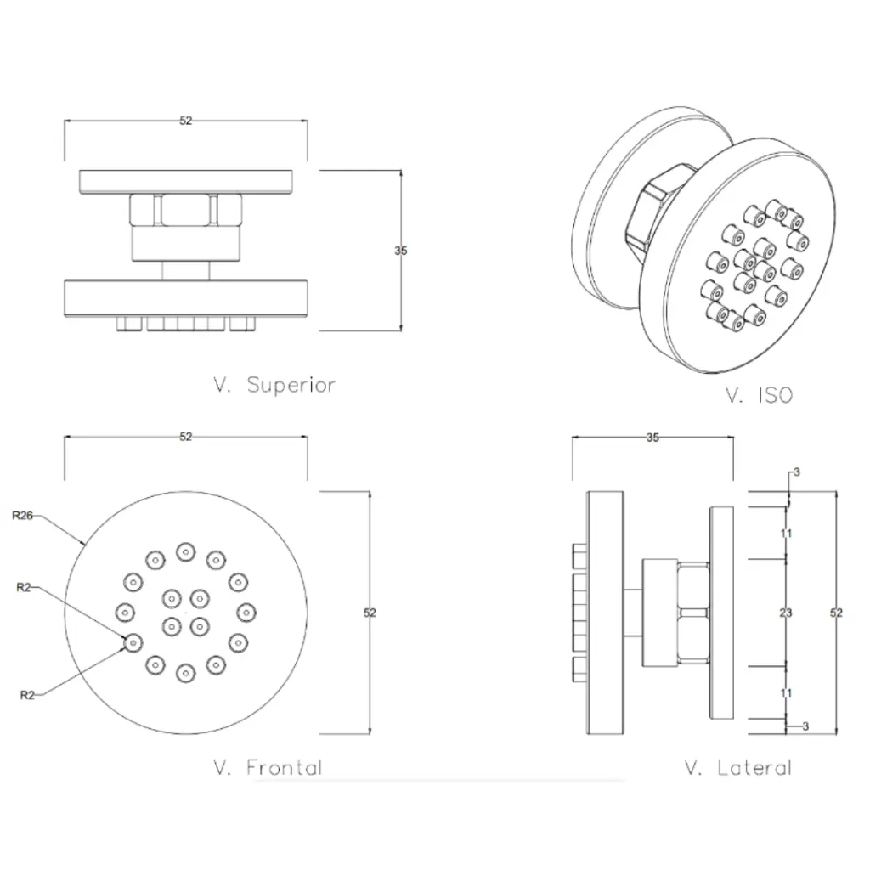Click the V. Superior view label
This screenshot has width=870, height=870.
click(x=274, y=384)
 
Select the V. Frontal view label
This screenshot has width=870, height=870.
click(x=268, y=768)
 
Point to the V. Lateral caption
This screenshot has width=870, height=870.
click(x=737, y=768)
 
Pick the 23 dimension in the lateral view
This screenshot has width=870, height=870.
click(x=786, y=612)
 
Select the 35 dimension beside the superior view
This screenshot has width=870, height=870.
click(x=401, y=251)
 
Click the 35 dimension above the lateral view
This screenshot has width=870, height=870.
click(x=652, y=438)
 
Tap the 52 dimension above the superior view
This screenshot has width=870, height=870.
click(x=186, y=121)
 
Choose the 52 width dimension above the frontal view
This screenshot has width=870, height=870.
click(x=186, y=437)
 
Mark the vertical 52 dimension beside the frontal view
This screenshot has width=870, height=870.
click(x=370, y=613)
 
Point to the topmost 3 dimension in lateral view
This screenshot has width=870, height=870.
click(x=796, y=472)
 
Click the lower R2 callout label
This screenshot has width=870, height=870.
click(x=27, y=695)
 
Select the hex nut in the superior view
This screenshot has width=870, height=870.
click(x=186, y=208)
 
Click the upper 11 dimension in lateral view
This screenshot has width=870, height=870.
click(x=786, y=534)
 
